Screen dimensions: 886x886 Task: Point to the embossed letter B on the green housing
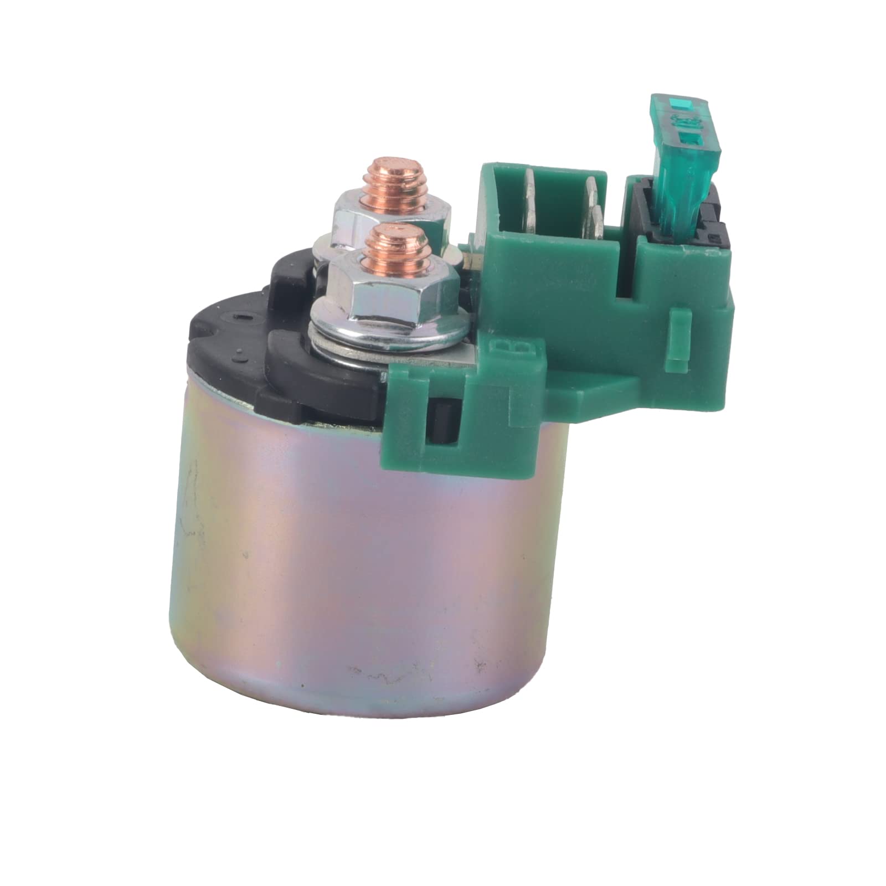coord(501,353)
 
